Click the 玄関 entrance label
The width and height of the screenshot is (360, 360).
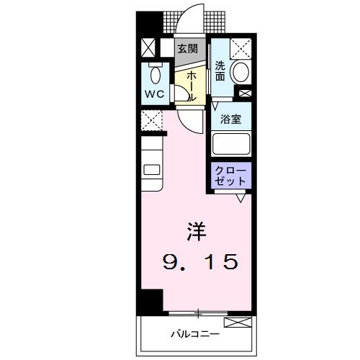pyautogui.click(x=188, y=49)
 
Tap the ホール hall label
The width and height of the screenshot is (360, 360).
pyautogui.click(x=192, y=85)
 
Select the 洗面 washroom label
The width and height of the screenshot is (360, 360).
pyautogui.click(x=220, y=69)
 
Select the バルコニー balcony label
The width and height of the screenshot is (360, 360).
pyautogui.click(x=194, y=334)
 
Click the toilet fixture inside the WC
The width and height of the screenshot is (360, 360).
pyautogui.click(x=153, y=74)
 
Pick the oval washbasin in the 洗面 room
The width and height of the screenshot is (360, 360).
pyautogui.click(x=241, y=71)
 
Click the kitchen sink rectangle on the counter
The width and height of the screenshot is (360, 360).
pyautogui.click(x=151, y=170)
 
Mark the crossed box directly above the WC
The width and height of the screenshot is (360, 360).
pyautogui.click(x=148, y=48)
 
